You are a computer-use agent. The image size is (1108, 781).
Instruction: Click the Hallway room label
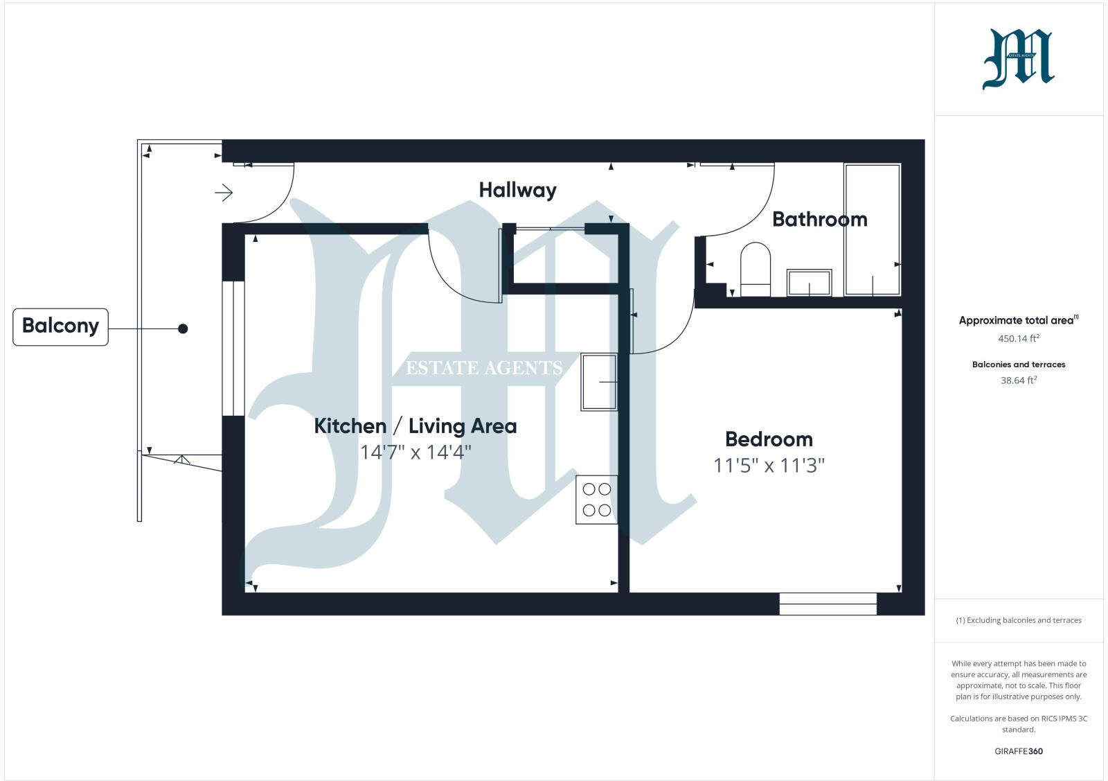(517, 190)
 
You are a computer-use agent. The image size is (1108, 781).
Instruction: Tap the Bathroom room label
(819, 219)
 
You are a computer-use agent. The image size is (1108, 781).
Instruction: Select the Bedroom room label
(769, 439)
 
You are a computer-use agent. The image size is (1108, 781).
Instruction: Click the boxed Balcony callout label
(60, 326)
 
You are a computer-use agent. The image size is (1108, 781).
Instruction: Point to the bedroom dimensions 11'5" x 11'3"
(769, 465)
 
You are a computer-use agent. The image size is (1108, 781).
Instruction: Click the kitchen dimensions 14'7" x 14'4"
(415, 453)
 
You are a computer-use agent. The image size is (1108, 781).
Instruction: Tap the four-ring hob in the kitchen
(596, 500)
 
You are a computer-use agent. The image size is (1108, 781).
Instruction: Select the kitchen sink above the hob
(599, 382)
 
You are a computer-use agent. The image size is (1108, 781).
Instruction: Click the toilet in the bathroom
(756, 270)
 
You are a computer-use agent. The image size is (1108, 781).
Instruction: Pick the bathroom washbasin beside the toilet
(809, 282)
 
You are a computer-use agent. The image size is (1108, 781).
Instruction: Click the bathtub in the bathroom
(872, 229)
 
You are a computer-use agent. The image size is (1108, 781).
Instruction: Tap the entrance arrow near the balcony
(224, 193)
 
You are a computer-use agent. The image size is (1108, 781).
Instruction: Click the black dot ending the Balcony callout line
(183, 328)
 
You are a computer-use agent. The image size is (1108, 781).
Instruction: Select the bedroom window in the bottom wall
(828, 603)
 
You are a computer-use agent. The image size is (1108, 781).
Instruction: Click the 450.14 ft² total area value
(1018, 339)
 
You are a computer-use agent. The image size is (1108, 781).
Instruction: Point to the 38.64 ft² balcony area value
(1018, 380)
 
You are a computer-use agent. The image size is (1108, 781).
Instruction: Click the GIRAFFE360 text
(1018, 751)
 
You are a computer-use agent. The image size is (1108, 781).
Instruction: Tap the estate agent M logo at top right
(1018, 59)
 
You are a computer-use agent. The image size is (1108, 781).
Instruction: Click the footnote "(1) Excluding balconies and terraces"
(1018, 620)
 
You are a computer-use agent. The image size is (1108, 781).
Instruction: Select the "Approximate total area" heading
(1017, 320)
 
